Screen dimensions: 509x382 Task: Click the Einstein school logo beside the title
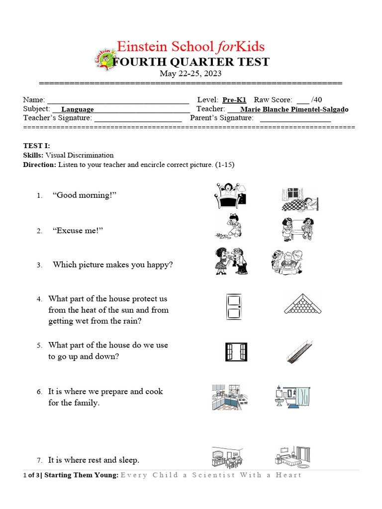click(104, 59)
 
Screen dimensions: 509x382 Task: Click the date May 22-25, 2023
click(191, 74)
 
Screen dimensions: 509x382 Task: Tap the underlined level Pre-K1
click(234, 100)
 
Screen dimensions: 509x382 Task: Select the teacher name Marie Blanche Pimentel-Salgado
click(294, 109)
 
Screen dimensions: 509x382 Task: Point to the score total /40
click(316, 100)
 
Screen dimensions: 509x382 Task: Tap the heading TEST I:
click(37, 146)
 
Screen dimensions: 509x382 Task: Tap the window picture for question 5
click(235, 352)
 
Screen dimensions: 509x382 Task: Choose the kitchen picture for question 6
click(227, 397)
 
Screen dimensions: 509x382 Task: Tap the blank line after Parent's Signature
click(295, 118)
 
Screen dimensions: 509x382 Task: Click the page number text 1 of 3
click(31, 475)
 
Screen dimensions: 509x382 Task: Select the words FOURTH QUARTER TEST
click(191, 62)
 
